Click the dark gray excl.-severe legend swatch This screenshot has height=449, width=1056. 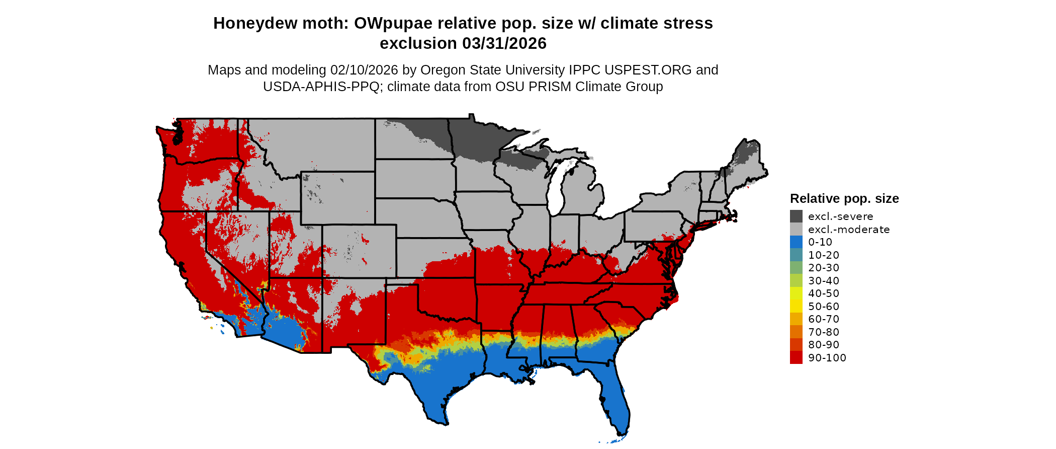(x=796, y=216)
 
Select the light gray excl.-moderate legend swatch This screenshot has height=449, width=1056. (x=796, y=229)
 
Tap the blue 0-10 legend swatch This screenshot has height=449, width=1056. (x=796, y=242)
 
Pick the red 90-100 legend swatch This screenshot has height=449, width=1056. (x=796, y=357)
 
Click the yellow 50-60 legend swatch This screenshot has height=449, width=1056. (x=796, y=306)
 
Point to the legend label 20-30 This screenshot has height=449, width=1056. (x=824, y=268)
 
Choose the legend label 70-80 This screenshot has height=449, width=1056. (x=824, y=332)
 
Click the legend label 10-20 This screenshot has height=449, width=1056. (x=824, y=255)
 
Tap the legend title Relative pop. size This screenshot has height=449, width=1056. (x=844, y=198)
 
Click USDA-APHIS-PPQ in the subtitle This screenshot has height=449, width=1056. (x=321, y=87)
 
